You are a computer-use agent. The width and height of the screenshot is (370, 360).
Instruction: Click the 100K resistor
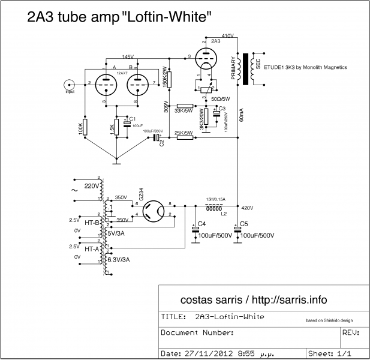pos(85,127)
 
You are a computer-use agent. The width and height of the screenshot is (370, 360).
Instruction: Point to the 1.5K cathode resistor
pos(117,128)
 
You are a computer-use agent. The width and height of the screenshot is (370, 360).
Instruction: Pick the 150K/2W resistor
pos(170,77)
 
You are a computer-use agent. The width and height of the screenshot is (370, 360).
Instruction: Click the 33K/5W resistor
pos(185,106)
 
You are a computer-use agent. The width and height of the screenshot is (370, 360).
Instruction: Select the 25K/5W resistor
pos(185,137)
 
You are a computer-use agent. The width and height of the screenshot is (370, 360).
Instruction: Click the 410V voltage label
pos(227,36)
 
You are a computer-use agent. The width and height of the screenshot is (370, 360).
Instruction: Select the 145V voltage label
pos(128,56)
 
